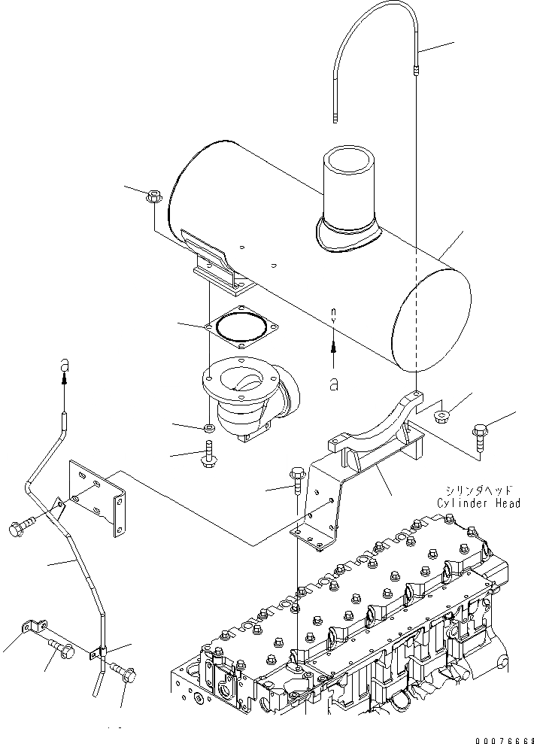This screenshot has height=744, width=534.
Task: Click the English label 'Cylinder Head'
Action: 478,503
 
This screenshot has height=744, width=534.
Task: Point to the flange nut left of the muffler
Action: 151,199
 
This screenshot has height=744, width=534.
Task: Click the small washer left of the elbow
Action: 210,429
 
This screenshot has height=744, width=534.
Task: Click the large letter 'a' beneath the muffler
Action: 333,384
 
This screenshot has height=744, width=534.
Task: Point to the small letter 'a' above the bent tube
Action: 65,363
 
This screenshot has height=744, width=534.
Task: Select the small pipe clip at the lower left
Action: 34,627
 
